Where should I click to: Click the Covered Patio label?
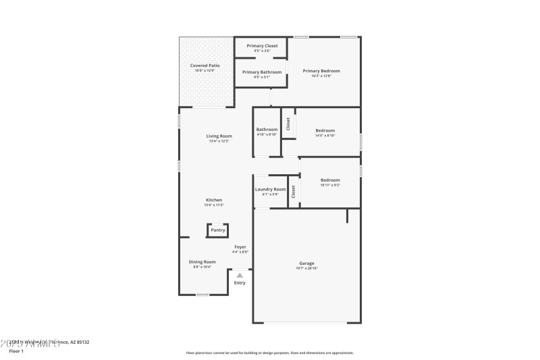tap(205, 66)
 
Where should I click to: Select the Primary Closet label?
tap(262, 46)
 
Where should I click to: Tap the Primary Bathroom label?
tap(261, 72)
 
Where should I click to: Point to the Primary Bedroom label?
tap(321, 71)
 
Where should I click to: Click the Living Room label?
tap(219, 136)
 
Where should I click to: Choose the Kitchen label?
tap(214, 200)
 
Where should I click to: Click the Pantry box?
tap(217, 230)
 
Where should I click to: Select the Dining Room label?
tap(202, 261)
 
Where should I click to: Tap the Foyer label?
tap(240, 247)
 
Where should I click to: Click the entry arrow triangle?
tap(240, 275)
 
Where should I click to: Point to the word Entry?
tap(240, 282)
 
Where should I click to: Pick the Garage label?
tap(307, 263)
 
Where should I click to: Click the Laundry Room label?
tap(271, 189)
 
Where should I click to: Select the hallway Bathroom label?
tap(267, 130)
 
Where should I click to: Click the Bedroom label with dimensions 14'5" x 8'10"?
tap(325, 130)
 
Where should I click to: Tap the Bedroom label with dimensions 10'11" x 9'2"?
tap(330, 180)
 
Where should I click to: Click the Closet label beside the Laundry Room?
tap(294, 192)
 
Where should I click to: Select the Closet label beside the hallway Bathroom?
tap(288, 124)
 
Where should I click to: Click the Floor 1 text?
tap(16, 351)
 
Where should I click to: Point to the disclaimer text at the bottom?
tap(269, 353)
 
